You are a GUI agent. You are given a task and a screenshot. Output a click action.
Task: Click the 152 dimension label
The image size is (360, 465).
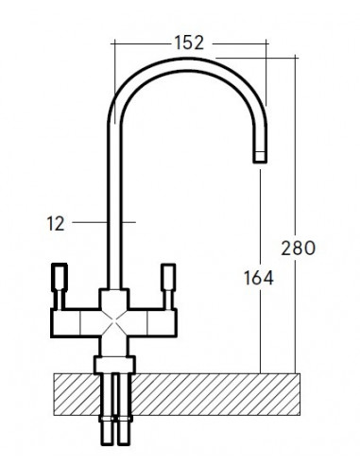point(189,43)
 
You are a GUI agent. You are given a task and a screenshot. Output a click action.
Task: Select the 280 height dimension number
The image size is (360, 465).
point(298,248)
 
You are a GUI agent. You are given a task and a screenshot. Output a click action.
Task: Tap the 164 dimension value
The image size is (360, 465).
point(259,278)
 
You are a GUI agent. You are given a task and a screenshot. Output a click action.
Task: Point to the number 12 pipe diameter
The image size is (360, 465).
point(56,223)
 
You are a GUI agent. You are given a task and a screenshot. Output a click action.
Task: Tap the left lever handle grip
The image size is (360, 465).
point(60,277)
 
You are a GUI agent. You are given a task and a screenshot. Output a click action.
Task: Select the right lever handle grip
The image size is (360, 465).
point(168,277)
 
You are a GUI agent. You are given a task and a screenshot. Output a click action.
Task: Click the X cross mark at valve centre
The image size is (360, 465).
point(114,322)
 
